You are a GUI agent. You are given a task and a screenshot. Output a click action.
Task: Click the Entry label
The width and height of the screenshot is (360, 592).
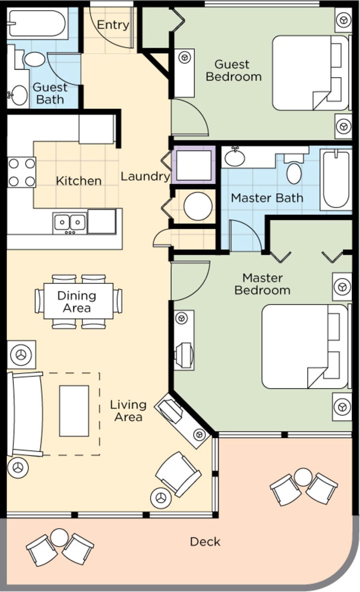click(113, 25)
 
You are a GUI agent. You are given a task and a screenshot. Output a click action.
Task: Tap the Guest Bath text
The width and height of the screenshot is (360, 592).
click(50, 93)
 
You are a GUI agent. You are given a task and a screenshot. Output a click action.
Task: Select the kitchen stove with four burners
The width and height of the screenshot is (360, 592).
click(22, 173)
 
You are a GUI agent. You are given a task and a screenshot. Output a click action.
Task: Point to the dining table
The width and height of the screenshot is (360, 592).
click(78, 301)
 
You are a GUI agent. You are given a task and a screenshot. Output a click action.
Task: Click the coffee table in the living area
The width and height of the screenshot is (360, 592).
click(74, 411)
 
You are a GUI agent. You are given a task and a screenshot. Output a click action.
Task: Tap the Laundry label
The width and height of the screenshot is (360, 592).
click(145, 176)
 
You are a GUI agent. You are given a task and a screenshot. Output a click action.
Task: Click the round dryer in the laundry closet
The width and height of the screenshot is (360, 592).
click(198, 206)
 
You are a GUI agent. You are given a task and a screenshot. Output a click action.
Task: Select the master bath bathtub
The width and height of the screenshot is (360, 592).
click(336, 179)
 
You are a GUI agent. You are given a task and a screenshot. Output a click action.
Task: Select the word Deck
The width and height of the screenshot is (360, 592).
click(205, 541)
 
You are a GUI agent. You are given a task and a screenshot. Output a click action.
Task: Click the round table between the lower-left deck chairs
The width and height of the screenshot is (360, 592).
click(59, 537)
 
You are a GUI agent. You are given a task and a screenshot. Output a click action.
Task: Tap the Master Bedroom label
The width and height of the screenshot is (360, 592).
click(262, 284)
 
